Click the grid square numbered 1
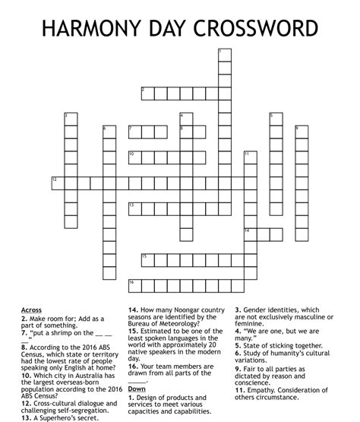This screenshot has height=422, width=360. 224,55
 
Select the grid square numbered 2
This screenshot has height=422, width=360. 147,94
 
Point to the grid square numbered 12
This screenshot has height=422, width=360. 57,182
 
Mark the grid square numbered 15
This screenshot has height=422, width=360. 147,260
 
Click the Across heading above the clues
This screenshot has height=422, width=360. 31,310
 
